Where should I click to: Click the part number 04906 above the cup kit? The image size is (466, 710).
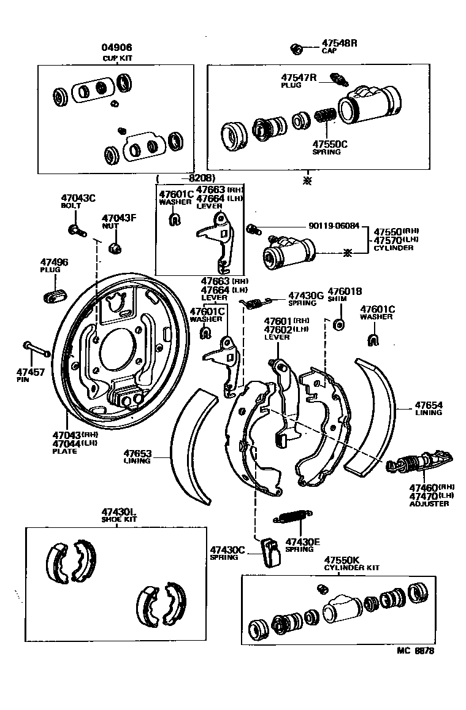[116, 47]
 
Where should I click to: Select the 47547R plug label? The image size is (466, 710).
[299, 78]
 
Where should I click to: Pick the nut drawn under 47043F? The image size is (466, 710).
[114, 248]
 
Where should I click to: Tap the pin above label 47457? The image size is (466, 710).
[37, 348]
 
